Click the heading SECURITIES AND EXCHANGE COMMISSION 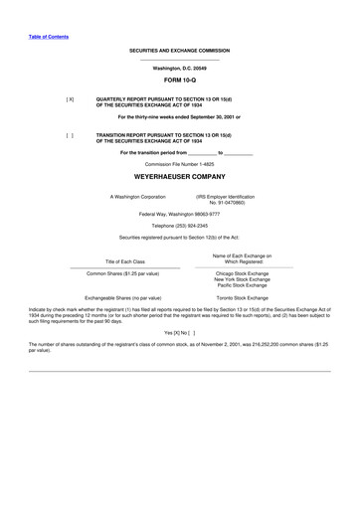click(179, 50)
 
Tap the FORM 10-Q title click(179, 81)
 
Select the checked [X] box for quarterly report click(70, 99)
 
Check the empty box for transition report click(70, 134)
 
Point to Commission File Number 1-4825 click(179, 162)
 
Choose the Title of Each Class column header click(125, 261)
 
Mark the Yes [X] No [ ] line click(179, 332)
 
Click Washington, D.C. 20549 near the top click(179, 67)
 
